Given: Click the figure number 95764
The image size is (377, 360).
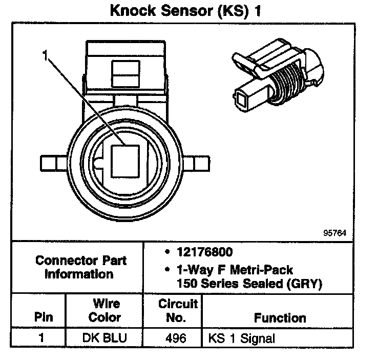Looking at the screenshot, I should pyautogui.click(x=335, y=232).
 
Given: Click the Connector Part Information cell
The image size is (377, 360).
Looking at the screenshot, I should pyautogui.click(x=81, y=267).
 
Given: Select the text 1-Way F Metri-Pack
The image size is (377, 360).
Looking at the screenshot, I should pyautogui.click(x=234, y=269).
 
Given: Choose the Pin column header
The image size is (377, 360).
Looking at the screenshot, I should pyautogui.click(x=43, y=317).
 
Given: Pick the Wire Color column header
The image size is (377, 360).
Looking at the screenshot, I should pyautogui.click(x=104, y=311).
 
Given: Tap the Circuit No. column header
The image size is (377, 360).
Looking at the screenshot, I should pyautogui.click(x=177, y=311).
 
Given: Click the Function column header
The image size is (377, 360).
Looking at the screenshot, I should pyautogui.click(x=280, y=317).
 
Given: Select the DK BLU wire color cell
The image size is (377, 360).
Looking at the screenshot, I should pyautogui.click(x=104, y=338).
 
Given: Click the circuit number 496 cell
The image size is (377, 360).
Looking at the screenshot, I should pyautogui.click(x=177, y=338).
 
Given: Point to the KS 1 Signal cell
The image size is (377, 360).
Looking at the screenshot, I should pyautogui.click(x=241, y=338).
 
